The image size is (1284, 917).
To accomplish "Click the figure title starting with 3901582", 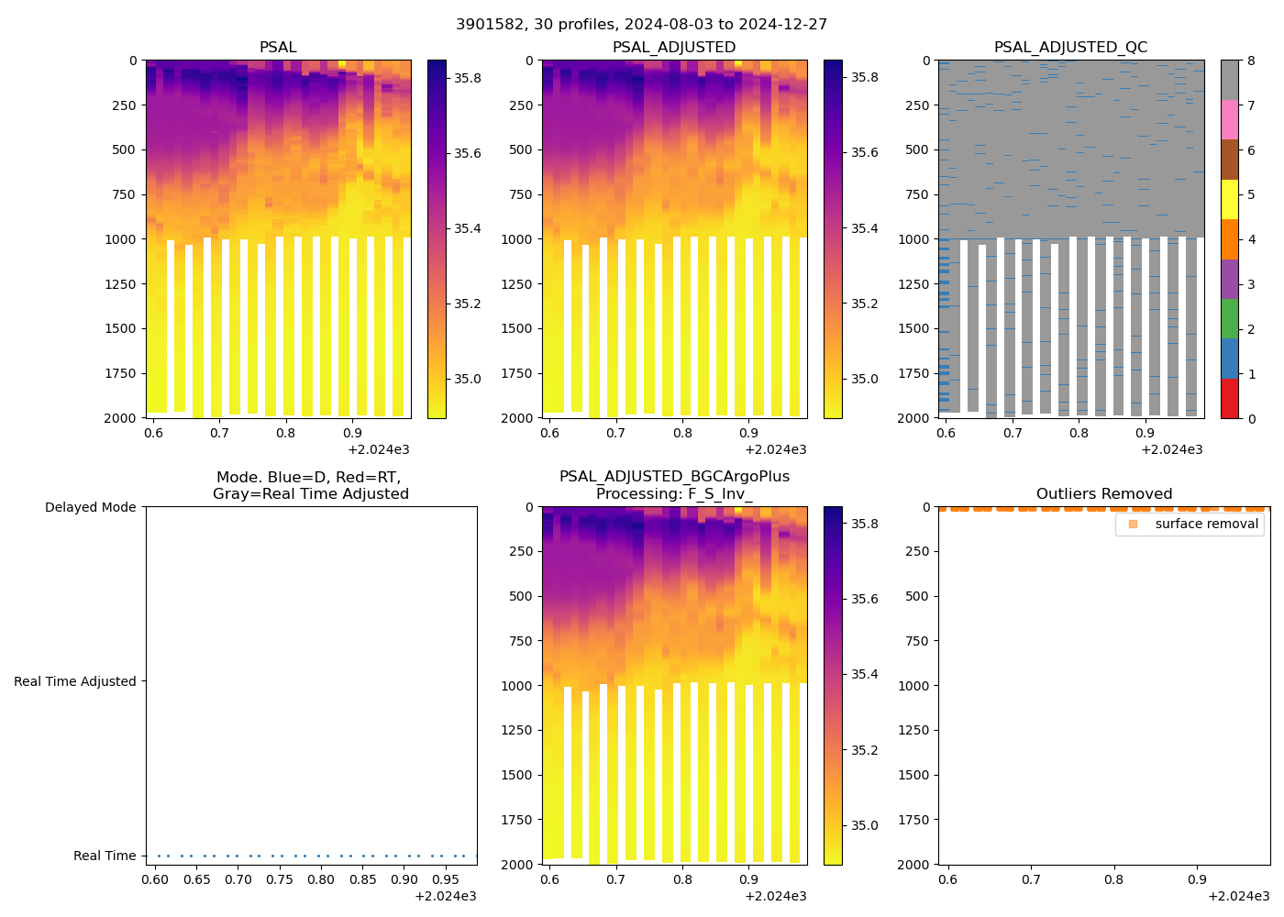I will pyautogui.click(x=641, y=25).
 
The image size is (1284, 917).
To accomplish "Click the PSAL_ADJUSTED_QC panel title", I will pyautogui.click(x=1070, y=47).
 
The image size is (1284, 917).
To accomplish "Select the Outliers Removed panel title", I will pyautogui.click(x=1103, y=493).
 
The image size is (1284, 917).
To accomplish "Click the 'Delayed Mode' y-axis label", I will pyautogui.click(x=90, y=507).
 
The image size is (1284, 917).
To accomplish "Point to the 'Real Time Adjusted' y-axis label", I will pyautogui.click(x=74, y=681).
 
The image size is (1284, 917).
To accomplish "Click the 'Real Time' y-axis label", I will pyautogui.click(x=105, y=856).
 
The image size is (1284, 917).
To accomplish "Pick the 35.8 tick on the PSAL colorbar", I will pyautogui.click(x=468, y=78).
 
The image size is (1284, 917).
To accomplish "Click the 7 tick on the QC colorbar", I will pyautogui.click(x=1251, y=105).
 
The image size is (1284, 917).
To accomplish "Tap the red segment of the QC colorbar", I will pyautogui.click(x=1230, y=399).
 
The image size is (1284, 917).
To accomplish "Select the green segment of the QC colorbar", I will pyautogui.click(x=1230, y=318).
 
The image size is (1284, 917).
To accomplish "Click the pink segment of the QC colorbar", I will pyautogui.click(x=1230, y=119).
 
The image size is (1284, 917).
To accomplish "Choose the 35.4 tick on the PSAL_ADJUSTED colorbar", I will pyautogui.click(x=864, y=228).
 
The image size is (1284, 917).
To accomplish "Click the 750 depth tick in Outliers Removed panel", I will pyautogui.click(x=914, y=641).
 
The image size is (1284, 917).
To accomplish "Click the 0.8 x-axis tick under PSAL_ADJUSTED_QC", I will pyautogui.click(x=1079, y=433).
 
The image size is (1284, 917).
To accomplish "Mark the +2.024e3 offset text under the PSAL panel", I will pyautogui.click(x=379, y=449).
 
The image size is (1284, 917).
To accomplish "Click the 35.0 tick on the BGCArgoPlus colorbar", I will pyautogui.click(x=864, y=825).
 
